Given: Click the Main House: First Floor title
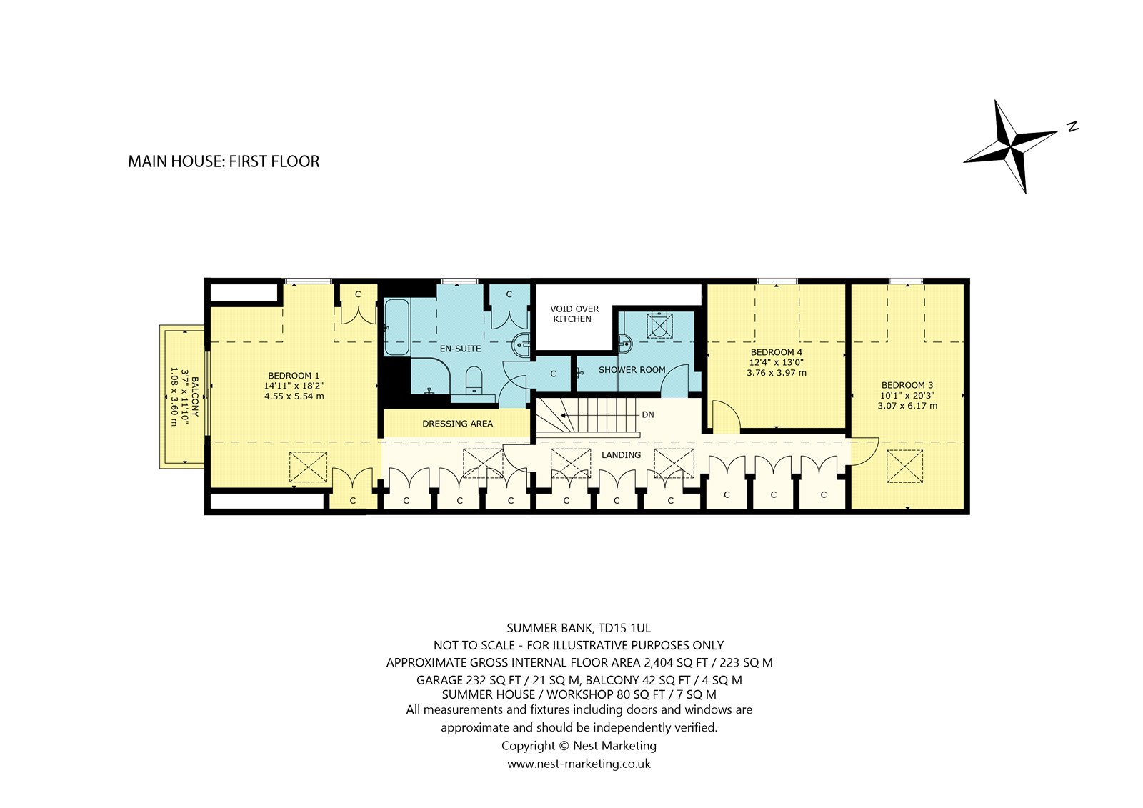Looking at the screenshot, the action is (x=224, y=161).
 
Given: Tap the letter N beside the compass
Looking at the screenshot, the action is (x=1072, y=126).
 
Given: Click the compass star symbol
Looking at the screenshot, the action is (x=1010, y=147).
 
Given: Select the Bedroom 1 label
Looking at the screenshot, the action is (x=294, y=376).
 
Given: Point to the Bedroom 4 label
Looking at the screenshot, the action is (x=776, y=352).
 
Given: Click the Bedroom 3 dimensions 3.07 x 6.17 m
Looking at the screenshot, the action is (x=907, y=406).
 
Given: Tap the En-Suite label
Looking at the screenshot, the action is (x=460, y=349).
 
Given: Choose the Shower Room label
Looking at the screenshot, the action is (x=632, y=370).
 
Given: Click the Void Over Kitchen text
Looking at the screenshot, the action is (x=574, y=314).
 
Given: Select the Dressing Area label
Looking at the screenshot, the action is (x=457, y=424).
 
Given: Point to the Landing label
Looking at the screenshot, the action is (x=621, y=455).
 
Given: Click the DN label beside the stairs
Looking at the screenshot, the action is (x=647, y=414).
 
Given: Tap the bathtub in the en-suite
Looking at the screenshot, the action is (x=396, y=327).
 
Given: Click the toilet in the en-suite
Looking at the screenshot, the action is (x=474, y=380).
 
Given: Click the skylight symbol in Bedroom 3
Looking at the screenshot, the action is (x=904, y=466).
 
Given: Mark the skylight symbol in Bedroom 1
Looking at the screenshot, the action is (x=308, y=467).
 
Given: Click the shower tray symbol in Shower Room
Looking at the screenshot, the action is (x=660, y=325).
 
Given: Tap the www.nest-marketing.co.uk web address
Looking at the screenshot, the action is (x=579, y=764).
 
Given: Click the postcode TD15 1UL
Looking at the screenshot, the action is (x=626, y=628).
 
